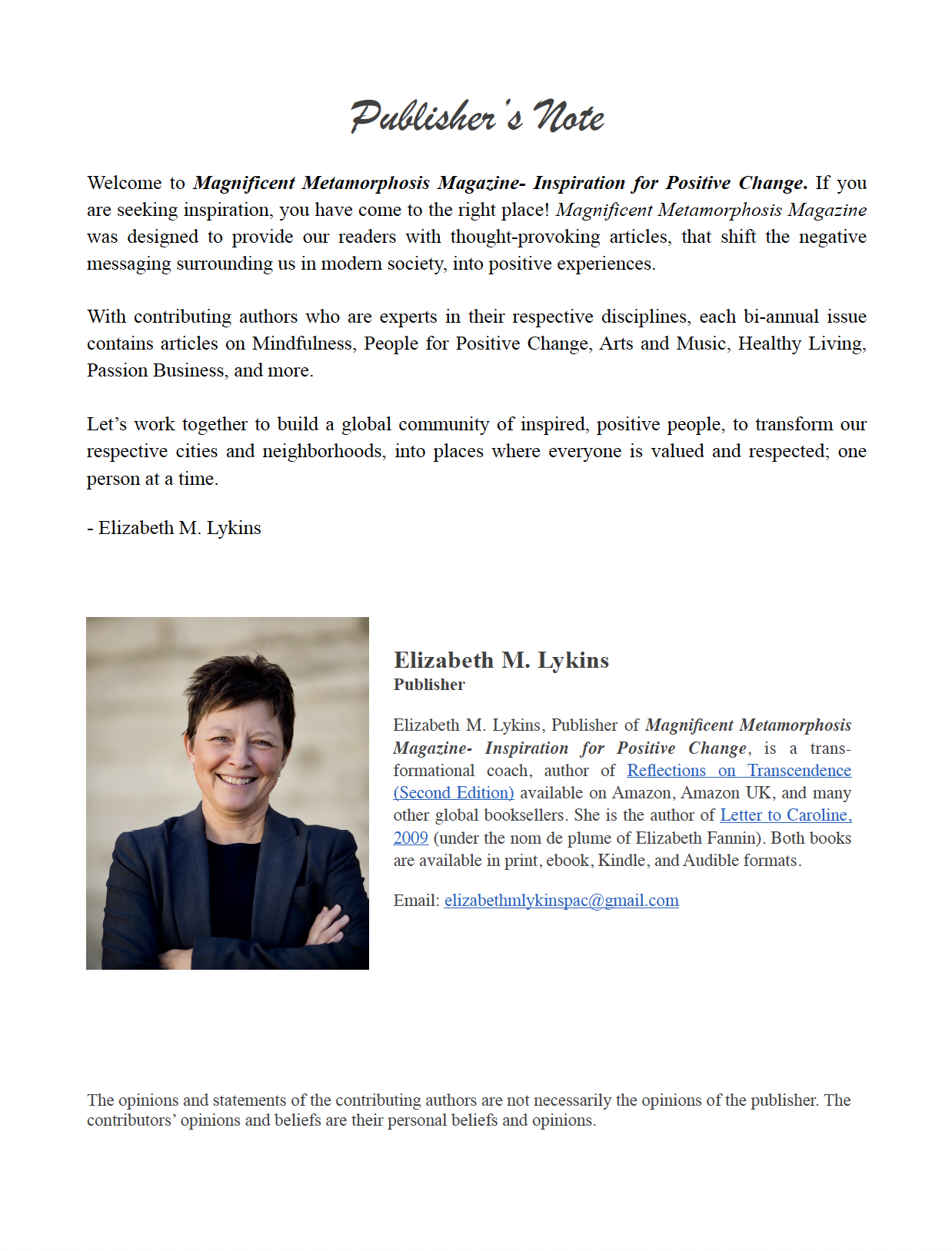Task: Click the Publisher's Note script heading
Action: click(477, 117)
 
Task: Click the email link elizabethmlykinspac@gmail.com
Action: click(561, 901)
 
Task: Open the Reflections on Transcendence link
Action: click(738, 771)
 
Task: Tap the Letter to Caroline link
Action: click(784, 815)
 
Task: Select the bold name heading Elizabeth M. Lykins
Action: click(501, 660)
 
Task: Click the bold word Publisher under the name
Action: click(429, 685)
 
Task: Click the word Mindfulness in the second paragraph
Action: click(303, 343)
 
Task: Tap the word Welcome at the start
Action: click(125, 183)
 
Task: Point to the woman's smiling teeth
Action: click(237, 780)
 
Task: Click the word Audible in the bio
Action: click(709, 861)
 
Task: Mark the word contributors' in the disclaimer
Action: click(131, 1120)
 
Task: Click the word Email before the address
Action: click(416, 901)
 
